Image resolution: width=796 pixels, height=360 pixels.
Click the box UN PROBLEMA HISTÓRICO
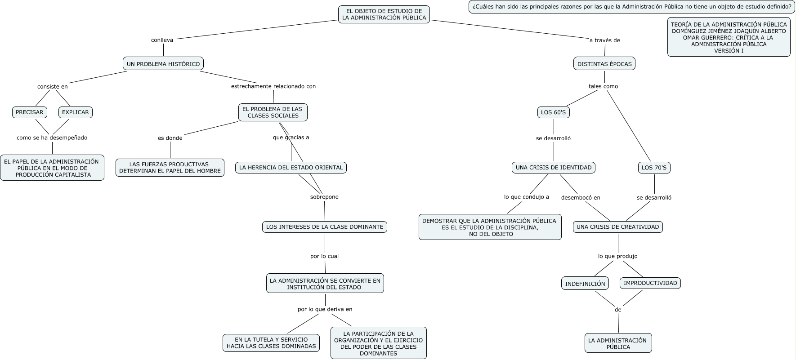[x=163, y=64]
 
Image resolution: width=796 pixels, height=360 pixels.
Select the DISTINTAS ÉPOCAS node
[x=604, y=64]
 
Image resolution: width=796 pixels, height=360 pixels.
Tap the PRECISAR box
[x=30, y=112]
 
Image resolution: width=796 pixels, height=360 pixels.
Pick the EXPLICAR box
[x=76, y=112]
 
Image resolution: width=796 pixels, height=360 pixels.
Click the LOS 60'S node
[x=553, y=112]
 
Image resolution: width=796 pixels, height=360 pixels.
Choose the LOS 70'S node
[x=654, y=168]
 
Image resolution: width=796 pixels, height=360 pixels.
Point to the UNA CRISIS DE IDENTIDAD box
[x=554, y=168]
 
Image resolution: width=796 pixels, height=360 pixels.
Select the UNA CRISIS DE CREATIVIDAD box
[x=617, y=227]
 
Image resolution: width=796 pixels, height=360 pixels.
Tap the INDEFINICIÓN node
[x=585, y=283]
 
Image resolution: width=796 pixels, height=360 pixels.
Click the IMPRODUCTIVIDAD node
[x=650, y=283]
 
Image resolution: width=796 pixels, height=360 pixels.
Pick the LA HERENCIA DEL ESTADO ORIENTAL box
[x=291, y=168]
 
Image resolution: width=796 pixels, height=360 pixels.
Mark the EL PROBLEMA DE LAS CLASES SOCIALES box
[x=273, y=112]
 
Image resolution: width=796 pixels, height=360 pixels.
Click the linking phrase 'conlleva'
[x=162, y=40]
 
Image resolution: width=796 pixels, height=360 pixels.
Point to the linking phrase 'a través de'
[x=605, y=40]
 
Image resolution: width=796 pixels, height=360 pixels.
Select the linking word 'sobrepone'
[x=324, y=197]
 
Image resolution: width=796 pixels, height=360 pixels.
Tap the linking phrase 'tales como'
[x=603, y=86]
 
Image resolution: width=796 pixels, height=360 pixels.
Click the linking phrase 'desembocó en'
[x=581, y=197]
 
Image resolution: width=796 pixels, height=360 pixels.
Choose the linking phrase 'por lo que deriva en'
[x=325, y=309]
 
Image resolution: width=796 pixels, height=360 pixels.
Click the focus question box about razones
[x=632, y=7]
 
